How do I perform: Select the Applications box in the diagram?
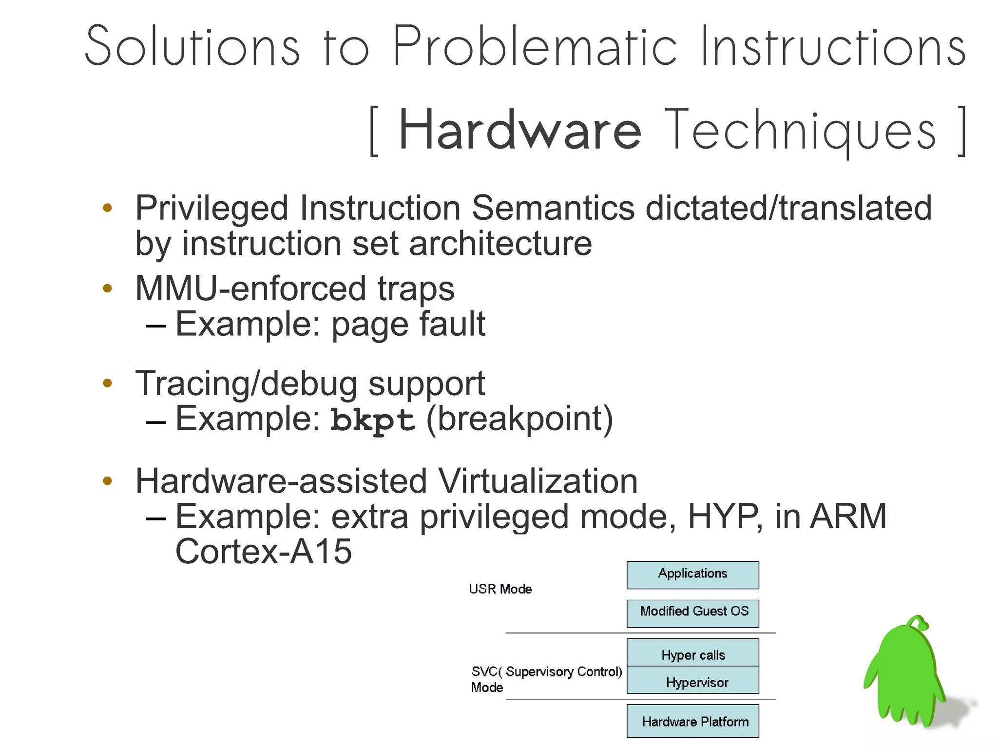[x=692, y=575]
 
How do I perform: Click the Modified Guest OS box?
[x=692, y=613]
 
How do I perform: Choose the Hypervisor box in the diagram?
[x=692, y=681]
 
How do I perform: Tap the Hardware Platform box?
[x=692, y=721]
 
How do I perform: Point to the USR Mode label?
[x=500, y=589]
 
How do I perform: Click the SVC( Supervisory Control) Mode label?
[x=546, y=679]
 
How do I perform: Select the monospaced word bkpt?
[x=373, y=420]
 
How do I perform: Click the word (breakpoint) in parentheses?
[x=519, y=419]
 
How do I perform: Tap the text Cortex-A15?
[x=263, y=552]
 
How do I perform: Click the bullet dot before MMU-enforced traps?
[x=108, y=288]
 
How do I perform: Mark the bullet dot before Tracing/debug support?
[x=108, y=384]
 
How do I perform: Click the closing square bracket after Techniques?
[x=961, y=131]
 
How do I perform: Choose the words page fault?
[x=408, y=324]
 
